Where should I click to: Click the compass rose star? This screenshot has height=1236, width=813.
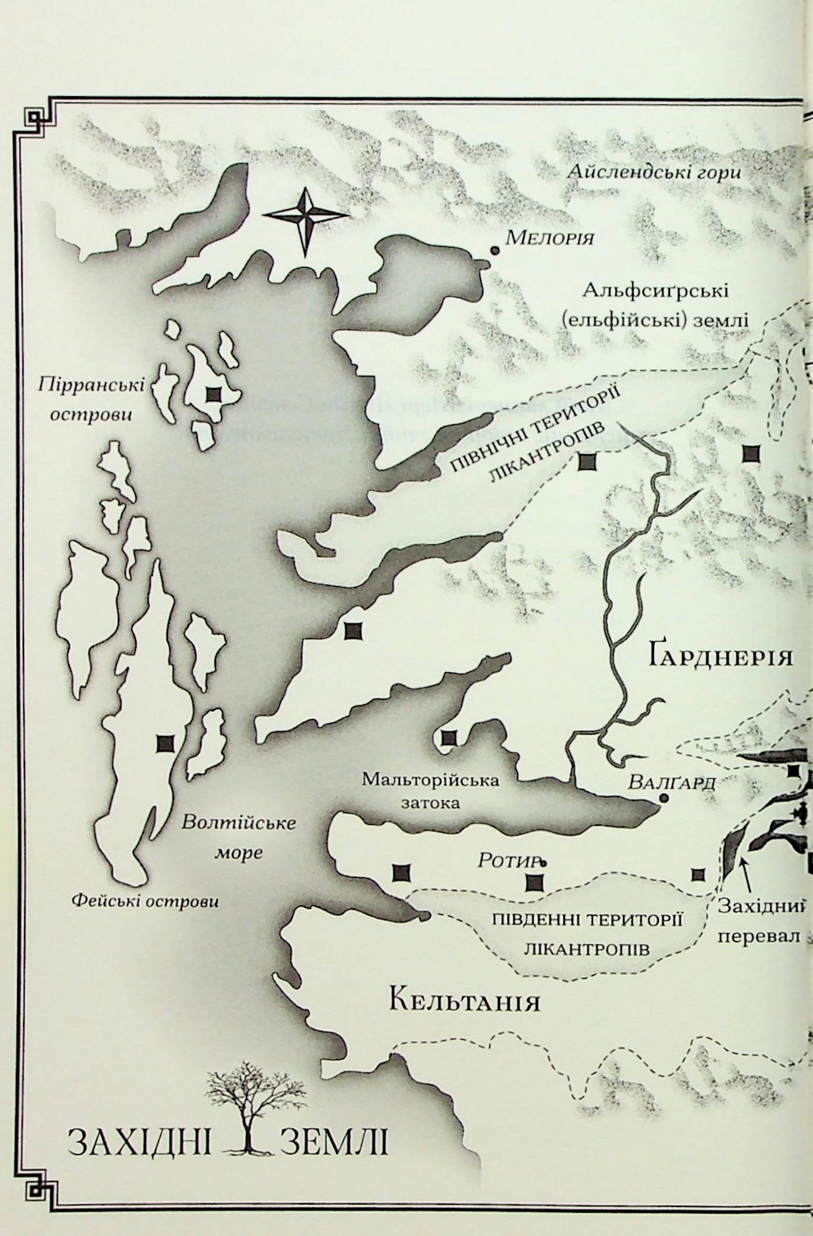[306, 221]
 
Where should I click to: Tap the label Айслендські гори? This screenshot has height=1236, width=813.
[654, 173]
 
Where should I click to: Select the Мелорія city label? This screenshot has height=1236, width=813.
[550, 239]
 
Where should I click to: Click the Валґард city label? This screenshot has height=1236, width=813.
[672, 783]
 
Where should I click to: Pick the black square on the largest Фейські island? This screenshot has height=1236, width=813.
[166, 743]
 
